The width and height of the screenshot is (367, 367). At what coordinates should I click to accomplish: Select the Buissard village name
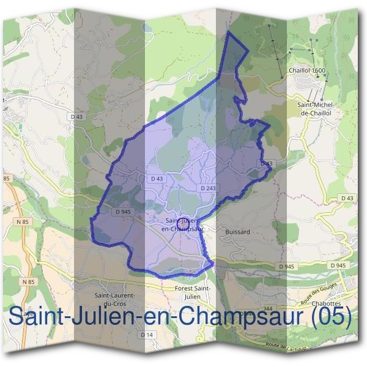click(x=237, y=232)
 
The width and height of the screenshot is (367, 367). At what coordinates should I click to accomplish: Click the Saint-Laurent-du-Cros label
click(x=114, y=299)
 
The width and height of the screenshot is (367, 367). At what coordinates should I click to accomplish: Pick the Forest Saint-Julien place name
click(x=194, y=293)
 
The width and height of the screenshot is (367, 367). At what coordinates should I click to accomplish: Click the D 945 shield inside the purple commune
click(x=124, y=211)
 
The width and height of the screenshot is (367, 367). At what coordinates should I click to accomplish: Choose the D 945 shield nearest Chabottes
click(x=338, y=265)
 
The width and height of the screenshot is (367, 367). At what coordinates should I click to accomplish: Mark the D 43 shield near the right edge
click(x=347, y=198)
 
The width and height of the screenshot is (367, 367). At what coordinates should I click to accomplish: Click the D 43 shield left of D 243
click(x=157, y=179)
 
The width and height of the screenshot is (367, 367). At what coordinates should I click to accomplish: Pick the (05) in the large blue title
click(x=331, y=316)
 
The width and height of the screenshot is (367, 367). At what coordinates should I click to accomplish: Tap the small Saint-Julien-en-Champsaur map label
click(x=182, y=224)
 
